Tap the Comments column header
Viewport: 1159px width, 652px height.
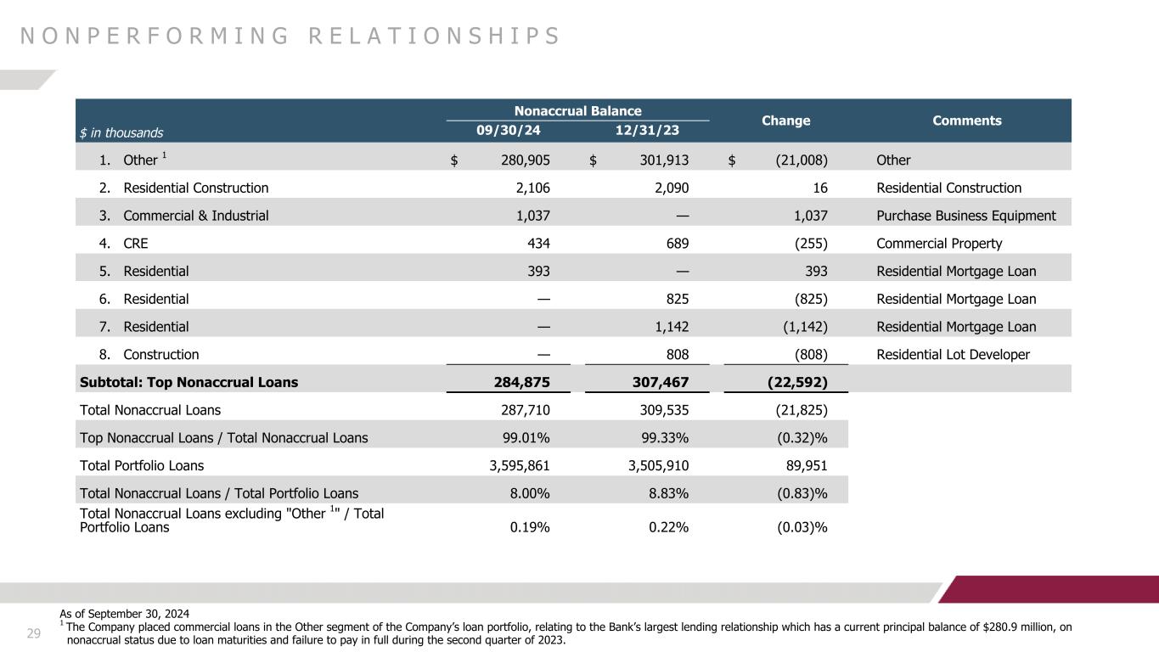click(966, 121)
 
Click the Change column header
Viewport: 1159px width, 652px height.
click(785, 121)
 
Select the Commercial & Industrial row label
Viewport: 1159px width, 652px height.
click(195, 216)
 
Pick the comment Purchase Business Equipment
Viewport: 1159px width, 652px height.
click(965, 216)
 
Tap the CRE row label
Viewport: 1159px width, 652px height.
click(135, 244)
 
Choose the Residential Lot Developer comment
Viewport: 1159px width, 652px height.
click(953, 355)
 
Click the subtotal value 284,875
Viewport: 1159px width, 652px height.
click(520, 382)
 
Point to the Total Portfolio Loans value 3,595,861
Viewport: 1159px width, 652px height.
click(514, 465)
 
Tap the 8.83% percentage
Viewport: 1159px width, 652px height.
click(667, 492)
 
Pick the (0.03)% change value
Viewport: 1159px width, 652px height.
click(798, 527)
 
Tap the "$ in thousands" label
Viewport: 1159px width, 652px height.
click(121, 132)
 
